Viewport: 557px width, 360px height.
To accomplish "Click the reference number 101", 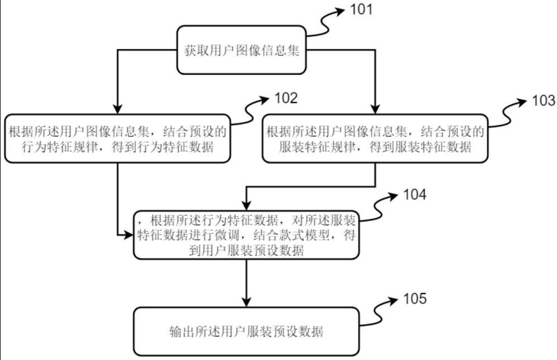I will coord(362,10).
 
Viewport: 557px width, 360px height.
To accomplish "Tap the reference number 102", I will coord(287,99).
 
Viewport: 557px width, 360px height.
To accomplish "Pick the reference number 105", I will coord(415,299).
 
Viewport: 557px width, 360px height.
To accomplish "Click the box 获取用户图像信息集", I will coord(242,50).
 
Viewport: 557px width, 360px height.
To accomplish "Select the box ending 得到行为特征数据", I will coord(118,139).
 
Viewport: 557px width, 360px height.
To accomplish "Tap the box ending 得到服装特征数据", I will coord(375,139).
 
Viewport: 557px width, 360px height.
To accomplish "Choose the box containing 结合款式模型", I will coord(246,235).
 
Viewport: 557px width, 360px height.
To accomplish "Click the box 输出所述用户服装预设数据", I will coord(246,332).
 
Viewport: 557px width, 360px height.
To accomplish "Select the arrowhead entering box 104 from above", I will coord(246,207).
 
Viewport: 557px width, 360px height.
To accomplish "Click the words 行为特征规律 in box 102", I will coord(39,147).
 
